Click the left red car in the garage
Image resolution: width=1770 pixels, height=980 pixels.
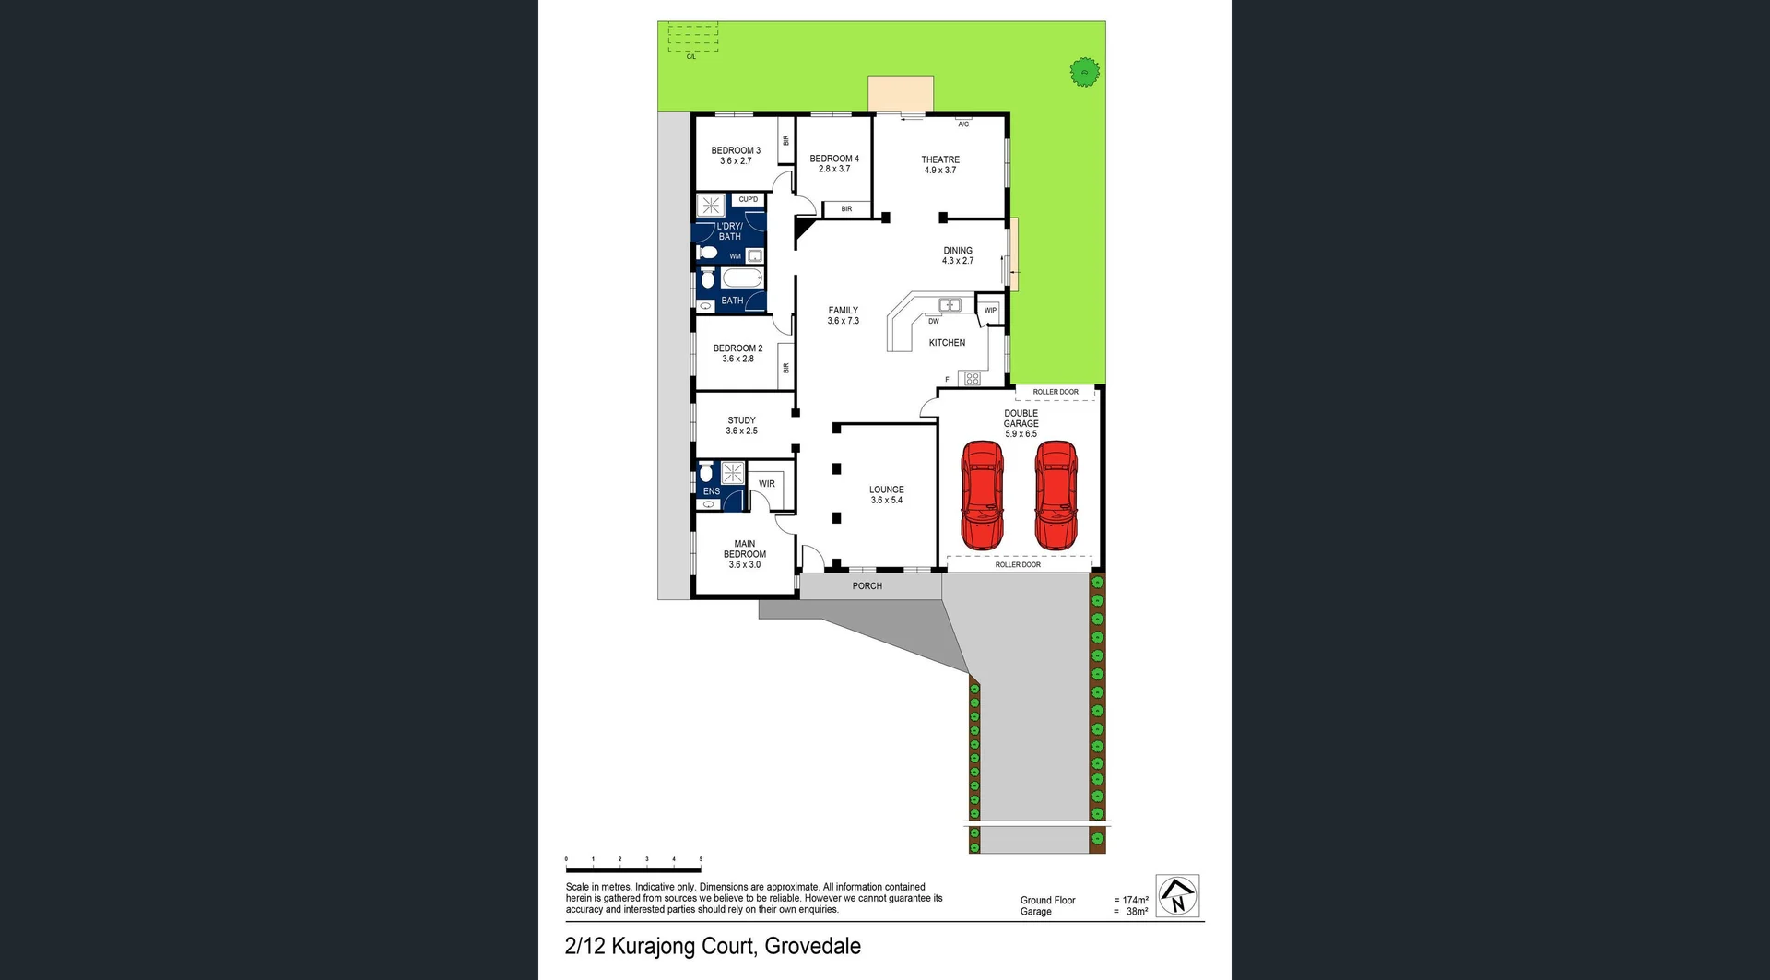tap(982, 495)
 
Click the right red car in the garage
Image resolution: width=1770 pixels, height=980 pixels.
tap(1056, 495)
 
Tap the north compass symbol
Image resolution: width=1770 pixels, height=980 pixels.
tap(1177, 895)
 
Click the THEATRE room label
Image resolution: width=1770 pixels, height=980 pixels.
tap(940, 159)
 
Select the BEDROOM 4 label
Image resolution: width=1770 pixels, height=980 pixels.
tap(834, 159)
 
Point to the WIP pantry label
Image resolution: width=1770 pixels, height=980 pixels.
tap(990, 311)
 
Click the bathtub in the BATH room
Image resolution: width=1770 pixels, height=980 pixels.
tap(742, 278)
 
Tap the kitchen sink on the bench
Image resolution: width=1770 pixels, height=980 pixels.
tap(950, 304)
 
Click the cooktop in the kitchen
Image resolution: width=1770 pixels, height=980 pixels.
tap(972, 378)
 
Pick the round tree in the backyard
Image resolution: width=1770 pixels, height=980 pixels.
tap(1085, 71)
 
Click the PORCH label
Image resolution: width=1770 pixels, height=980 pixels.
tap(867, 586)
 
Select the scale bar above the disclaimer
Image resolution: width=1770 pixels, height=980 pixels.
tap(633, 869)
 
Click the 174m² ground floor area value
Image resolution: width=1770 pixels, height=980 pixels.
tap(1135, 900)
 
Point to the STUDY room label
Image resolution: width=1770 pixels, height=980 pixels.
tap(741, 420)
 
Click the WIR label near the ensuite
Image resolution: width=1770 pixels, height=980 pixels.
tap(766, 484)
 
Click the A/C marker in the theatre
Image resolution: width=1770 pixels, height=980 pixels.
tap(963, 124)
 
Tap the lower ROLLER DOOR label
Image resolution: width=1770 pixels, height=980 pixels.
tap(1018, 564)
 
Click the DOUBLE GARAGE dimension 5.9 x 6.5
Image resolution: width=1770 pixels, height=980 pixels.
tap(1021, 433)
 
